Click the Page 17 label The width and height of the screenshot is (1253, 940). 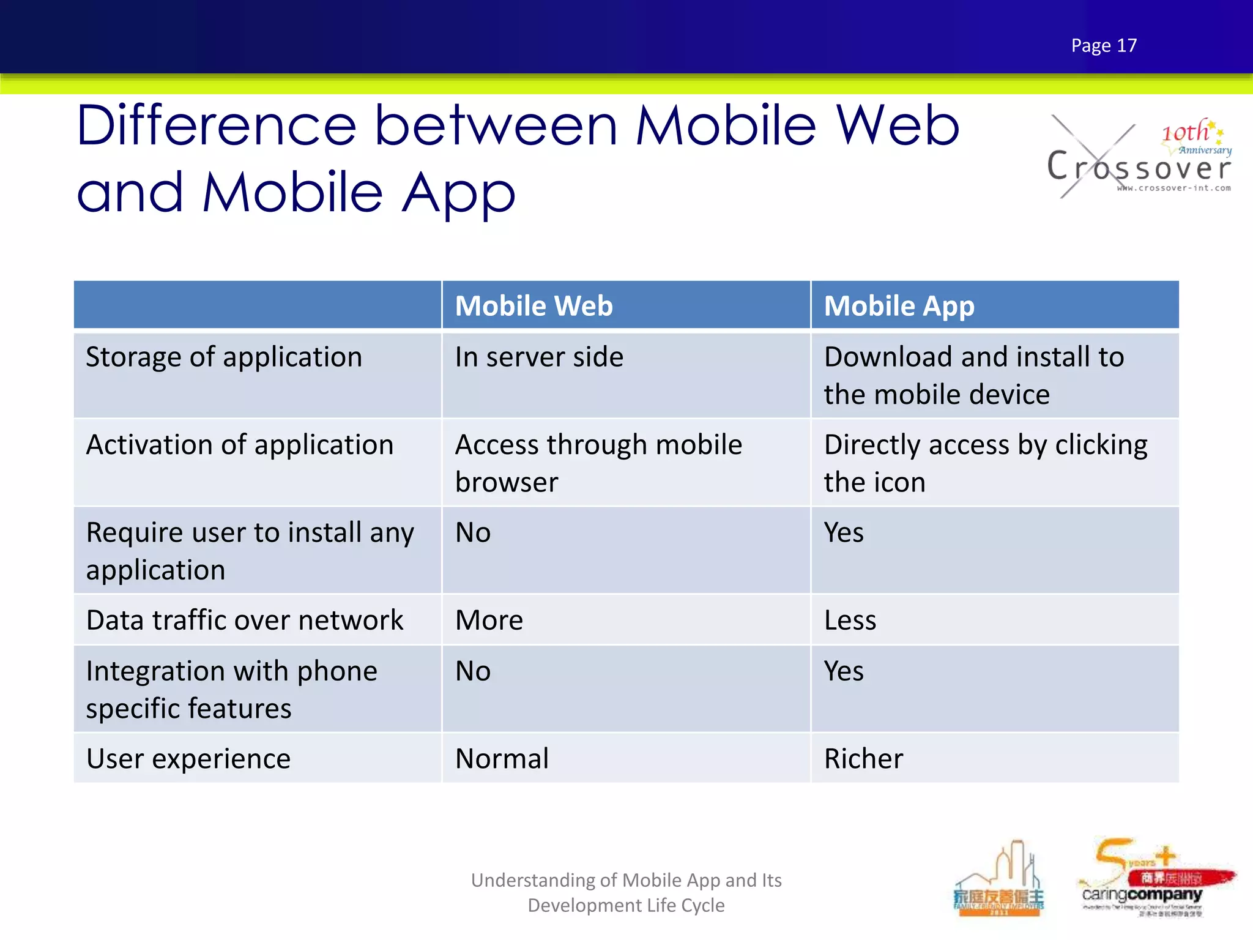(1104, 45)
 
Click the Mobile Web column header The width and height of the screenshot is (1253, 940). (534, 305)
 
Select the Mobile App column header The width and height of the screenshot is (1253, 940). (899, 305)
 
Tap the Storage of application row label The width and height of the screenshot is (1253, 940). (224, 357)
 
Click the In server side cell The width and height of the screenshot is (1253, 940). (539, 357)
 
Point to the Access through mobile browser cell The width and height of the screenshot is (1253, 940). (598, 463)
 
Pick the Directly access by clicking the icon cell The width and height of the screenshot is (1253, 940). (985, 463)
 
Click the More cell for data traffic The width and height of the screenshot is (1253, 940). (489, 620)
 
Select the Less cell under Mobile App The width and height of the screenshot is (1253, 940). (850, 620)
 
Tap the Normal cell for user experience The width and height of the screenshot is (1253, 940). (502, 759)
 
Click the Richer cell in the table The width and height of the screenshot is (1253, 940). (863, 759)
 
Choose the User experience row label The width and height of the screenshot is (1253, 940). (188, 759)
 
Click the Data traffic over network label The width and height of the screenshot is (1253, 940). (245, 620)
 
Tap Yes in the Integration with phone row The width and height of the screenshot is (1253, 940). (844, 671)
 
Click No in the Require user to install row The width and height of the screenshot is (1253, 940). (473, 532)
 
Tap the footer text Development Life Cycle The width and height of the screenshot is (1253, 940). (626, 905)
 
